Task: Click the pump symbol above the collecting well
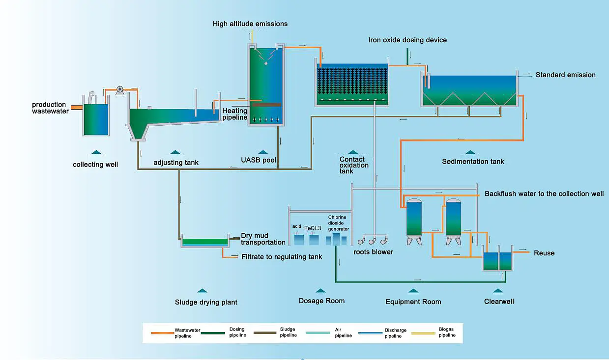(119, 90)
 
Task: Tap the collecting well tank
(96, 119)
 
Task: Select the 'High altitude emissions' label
(250, 24)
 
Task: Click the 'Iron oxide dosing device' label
(407, 40)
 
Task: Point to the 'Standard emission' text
(565, 75)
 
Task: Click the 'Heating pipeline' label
(235, 114)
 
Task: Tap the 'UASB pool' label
(259, 160)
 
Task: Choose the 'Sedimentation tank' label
(473, 162)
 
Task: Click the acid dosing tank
(299, 239)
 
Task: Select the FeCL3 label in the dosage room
(313, 228)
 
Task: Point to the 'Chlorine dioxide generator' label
(338, 223)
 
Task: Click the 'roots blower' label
(373, 252)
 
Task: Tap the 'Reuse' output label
(544, 253)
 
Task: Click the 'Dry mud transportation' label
(263, 239)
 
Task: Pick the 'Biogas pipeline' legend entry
(434, 332)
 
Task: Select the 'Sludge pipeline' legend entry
(275, 332)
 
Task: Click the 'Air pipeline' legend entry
(329, 332)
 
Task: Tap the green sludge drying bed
(205, 241)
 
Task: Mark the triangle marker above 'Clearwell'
(498, 291)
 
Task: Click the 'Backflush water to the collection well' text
(544, 194)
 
